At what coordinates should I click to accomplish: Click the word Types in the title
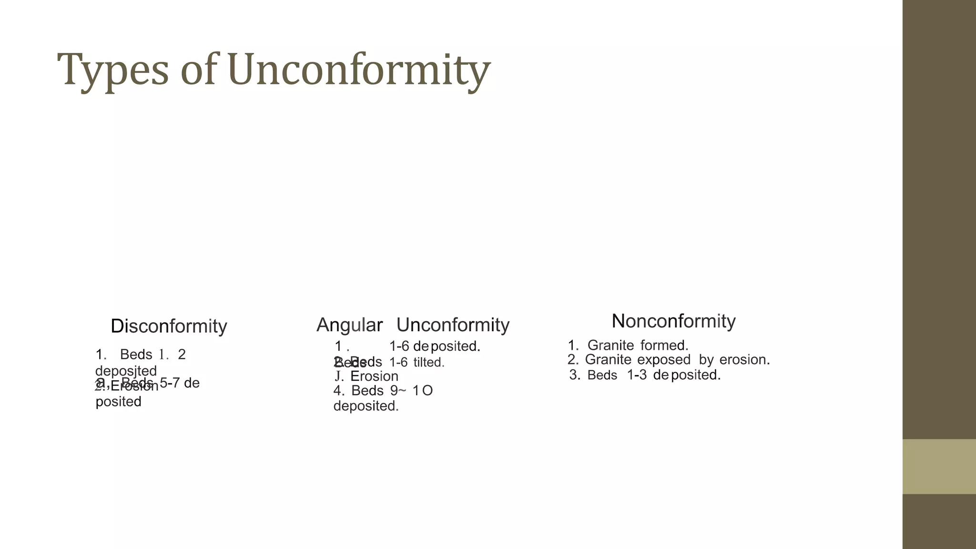(113, 70)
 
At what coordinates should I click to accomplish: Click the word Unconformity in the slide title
(359, 70)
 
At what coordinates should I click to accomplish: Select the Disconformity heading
(169, 326)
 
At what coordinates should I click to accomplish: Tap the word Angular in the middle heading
(349, 325)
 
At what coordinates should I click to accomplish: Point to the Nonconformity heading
(673, 321)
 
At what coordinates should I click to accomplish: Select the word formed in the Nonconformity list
(664, 345)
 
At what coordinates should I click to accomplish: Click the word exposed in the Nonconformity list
(663, 360)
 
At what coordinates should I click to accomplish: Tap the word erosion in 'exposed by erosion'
(744, 360)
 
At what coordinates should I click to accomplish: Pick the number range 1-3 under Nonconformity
(637, 375)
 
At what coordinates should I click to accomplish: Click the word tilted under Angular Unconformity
(428, 363)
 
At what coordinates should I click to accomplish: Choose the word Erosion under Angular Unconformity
(374, 376)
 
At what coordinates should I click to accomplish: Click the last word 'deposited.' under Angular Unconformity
(366, 406)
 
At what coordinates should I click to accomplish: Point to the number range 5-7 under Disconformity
(170, 383)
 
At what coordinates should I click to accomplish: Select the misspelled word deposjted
(126, 371)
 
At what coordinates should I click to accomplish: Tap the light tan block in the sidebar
(939, 467)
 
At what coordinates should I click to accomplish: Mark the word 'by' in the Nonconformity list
(706, 360)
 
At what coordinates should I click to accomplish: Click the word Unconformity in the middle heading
(453, 325)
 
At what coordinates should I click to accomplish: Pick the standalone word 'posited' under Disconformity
(118, 402)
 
